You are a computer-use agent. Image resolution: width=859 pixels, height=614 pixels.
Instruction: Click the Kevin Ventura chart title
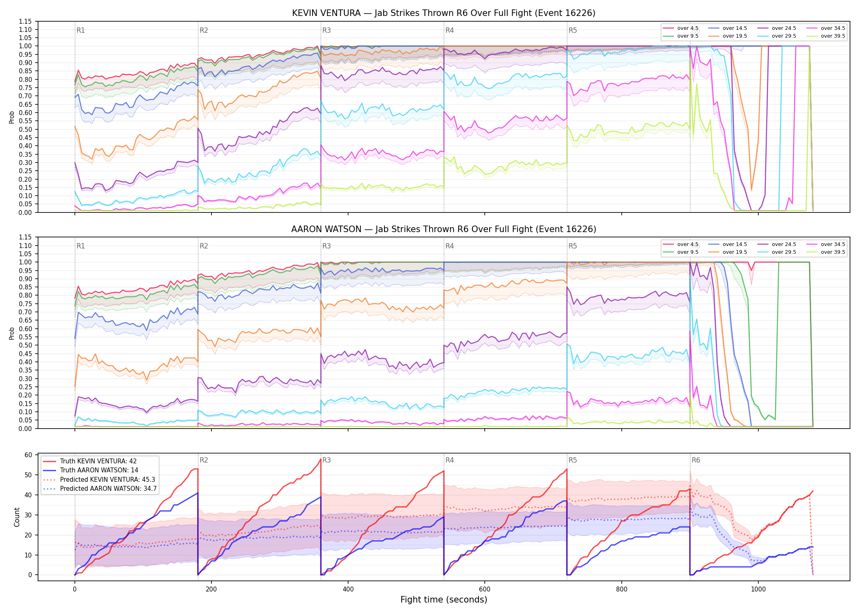tap(443, 13)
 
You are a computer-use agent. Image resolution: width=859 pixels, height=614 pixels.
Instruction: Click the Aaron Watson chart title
tap(443, 229)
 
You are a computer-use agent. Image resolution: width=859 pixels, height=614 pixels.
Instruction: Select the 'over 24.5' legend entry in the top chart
tap(776, 28)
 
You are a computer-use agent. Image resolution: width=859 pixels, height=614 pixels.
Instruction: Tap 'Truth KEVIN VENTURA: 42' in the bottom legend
tap(90, 461)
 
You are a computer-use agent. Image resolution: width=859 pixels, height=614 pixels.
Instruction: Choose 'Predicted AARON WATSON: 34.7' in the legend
tap(100, 488)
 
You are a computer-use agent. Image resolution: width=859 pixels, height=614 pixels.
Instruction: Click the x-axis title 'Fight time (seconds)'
tap(444, 600)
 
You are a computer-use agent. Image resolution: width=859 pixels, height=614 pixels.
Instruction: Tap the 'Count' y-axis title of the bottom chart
tap(17, 517)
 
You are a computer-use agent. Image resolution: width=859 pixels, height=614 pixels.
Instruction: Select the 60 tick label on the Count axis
tap(28, 455)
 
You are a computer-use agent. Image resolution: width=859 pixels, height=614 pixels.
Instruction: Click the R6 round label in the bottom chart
tap(696, 460)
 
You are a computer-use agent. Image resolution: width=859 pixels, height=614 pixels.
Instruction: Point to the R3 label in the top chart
tap(326, 30)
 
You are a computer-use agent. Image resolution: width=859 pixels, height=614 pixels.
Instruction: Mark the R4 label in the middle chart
tap(450, 246)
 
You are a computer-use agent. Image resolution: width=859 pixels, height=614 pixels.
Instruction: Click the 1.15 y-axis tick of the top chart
tap(25, 21)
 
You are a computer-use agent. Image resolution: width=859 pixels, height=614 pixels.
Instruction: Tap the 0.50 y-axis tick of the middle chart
tap(25, 345)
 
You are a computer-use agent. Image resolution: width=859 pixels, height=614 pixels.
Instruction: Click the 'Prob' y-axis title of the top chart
tap(12, 117)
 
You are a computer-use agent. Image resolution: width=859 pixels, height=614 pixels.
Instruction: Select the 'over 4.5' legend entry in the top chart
tap(681, 28)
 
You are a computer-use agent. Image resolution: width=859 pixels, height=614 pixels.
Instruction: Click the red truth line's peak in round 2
tap(320, 459)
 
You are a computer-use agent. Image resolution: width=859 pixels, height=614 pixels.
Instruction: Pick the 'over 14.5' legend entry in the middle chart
tap(727, 244)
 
